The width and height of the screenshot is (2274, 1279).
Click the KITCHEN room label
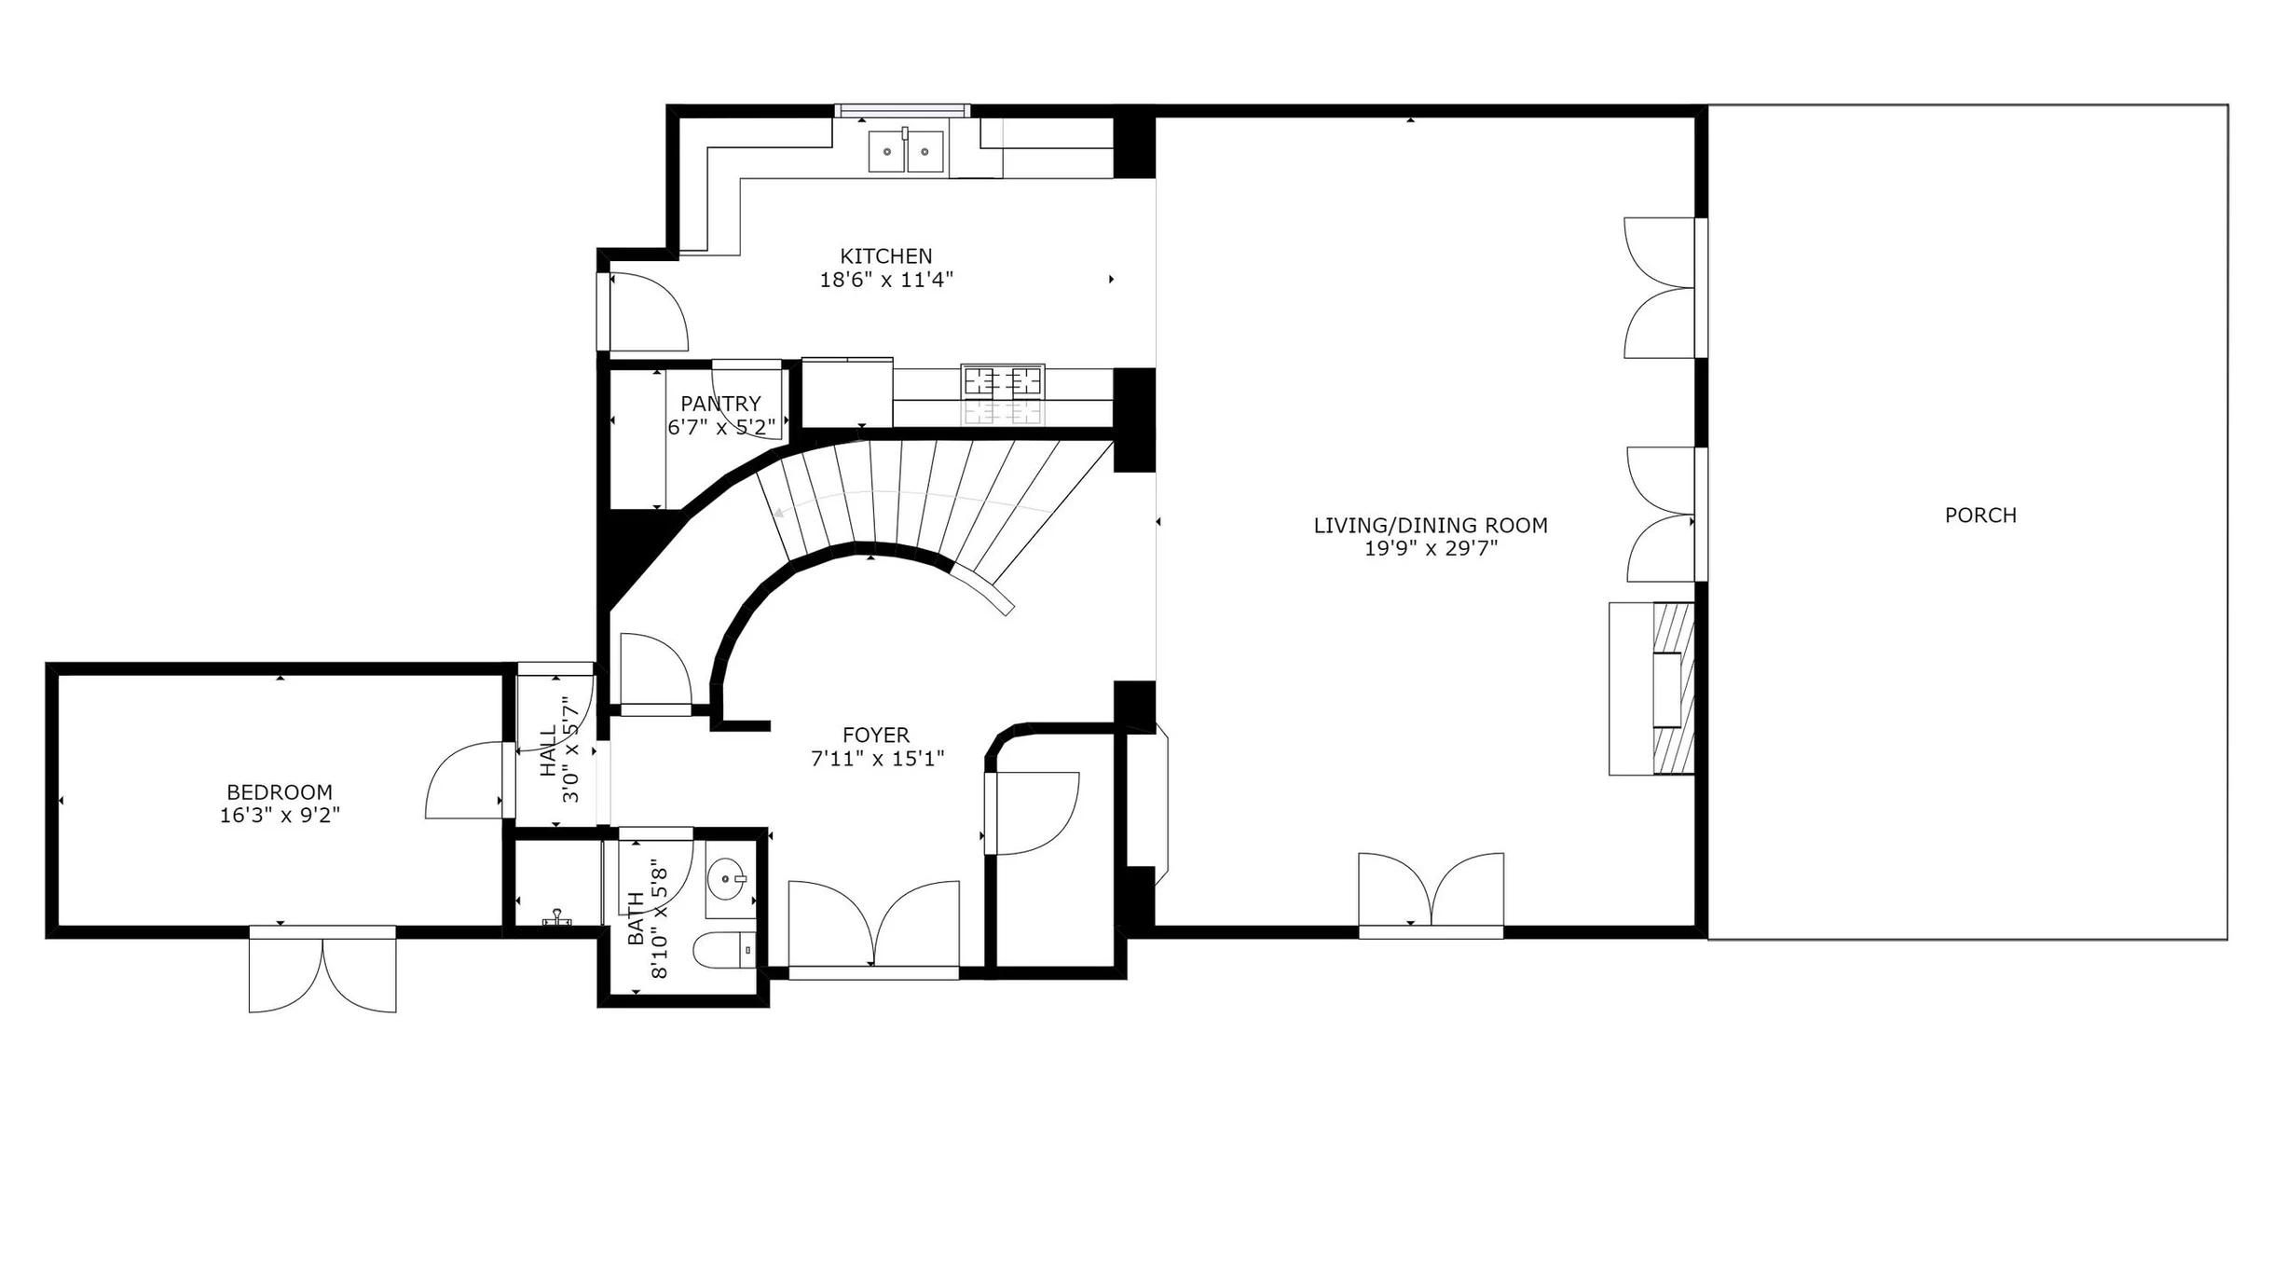(x=885, y=256)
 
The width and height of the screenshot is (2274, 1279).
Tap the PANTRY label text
(x=720, y=404)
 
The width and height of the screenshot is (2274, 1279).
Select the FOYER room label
(x=876, y=736)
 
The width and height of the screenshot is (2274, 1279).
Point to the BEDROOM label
(x=280, y=792)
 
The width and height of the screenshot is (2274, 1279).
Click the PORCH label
(x=1980, y=516)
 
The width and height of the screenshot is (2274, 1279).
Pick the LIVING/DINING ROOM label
(x=1431, y=526)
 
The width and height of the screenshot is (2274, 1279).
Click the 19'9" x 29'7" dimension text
(x=1431, y=549)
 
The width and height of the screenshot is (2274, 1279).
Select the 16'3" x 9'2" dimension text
(x=280, y=816)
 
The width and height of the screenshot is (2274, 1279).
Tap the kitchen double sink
(x=906, y=151)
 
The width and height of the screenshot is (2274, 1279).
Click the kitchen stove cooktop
(x=1003, y=381)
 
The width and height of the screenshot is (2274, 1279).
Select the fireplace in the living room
(x=1651, y=689)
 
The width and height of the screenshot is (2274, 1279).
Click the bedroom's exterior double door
(x=322, y=969)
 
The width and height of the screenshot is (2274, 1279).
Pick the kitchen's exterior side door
(x=643, y=312)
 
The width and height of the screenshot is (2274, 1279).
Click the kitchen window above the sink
(x=902, y=111)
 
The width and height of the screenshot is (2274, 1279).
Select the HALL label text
(x=548, y=750)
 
